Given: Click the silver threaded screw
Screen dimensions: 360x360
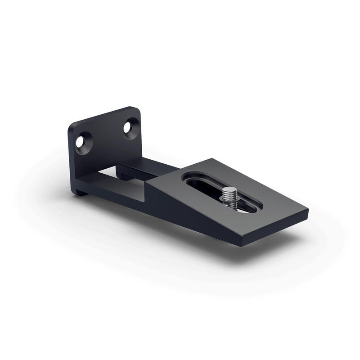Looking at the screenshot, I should coord(231,198).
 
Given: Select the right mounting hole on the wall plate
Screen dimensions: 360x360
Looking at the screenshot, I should coord(130,127).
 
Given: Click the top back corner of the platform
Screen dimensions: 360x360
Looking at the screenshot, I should coord(208,159).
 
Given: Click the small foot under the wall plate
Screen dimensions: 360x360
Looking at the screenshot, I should coord(80,193).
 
